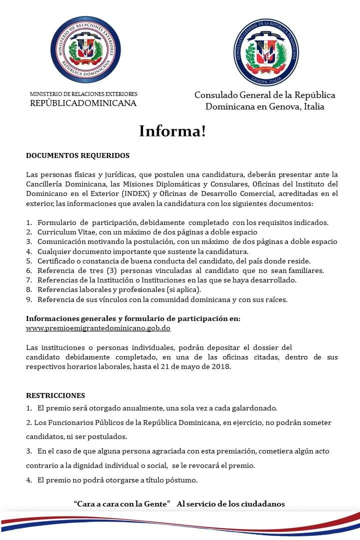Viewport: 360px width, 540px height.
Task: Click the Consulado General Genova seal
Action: (x=267, y=52)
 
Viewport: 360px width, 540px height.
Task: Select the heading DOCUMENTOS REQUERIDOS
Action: (x=77, y=155)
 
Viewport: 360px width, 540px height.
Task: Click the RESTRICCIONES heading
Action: (x=55, y=395)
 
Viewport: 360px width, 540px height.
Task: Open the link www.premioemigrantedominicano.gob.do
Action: (x=98, y=328)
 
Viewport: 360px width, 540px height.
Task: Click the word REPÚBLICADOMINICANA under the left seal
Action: (x=83, y=103)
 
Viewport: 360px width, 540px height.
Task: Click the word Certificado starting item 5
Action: (x=56, y=261)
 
